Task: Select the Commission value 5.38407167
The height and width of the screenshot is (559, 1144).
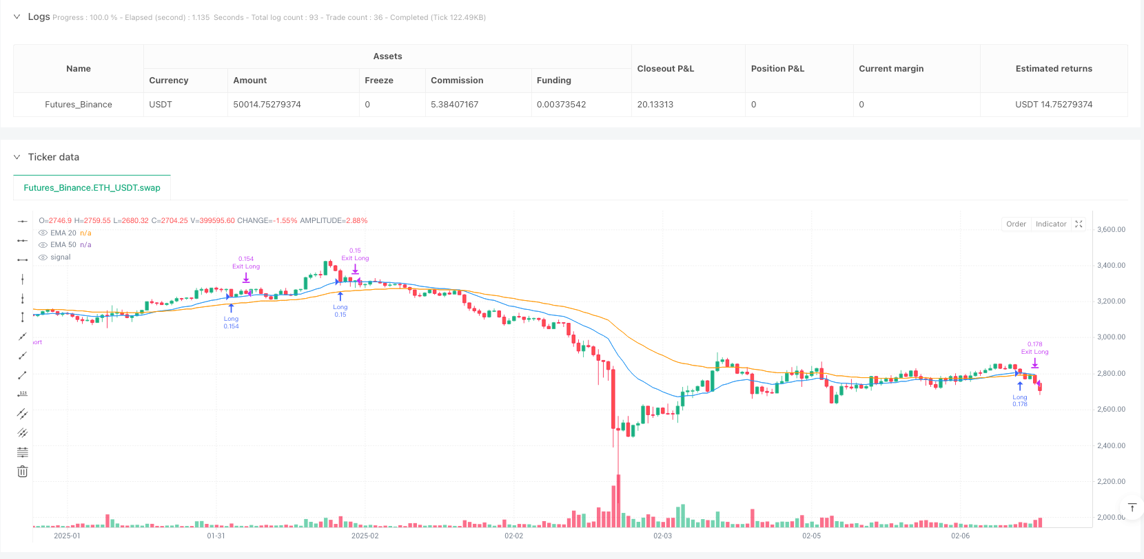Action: point(454,105)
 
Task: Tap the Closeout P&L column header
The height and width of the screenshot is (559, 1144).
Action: point(665,69)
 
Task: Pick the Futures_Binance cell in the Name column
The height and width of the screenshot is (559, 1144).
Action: point(79,105)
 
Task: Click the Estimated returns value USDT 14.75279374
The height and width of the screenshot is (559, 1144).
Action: point(1053,105)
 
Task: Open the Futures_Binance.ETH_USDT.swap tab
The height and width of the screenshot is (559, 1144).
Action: point(92,188)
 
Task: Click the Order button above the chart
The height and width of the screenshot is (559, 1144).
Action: point(1016,224)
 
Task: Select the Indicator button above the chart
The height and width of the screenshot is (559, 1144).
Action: point(1050,224)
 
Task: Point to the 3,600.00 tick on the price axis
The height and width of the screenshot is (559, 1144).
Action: point(1111,230)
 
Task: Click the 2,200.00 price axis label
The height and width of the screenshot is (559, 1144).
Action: point(1111,482)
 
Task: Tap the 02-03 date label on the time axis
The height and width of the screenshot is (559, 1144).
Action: point(662,536)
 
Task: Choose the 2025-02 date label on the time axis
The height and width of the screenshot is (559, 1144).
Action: point(365,536)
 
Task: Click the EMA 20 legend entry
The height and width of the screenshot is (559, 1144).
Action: point(63,233)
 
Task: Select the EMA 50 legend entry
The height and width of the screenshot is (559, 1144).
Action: point(63,245)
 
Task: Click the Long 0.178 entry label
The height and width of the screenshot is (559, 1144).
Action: point(1020,401)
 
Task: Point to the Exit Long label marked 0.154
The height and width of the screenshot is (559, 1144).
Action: point(246,263)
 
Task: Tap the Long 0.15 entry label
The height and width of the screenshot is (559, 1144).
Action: point(340,311)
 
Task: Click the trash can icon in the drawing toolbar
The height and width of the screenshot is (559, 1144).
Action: point(23,472)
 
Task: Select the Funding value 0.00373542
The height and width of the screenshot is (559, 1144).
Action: point(561,105)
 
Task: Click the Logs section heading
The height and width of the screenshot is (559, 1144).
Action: point(39,17)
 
